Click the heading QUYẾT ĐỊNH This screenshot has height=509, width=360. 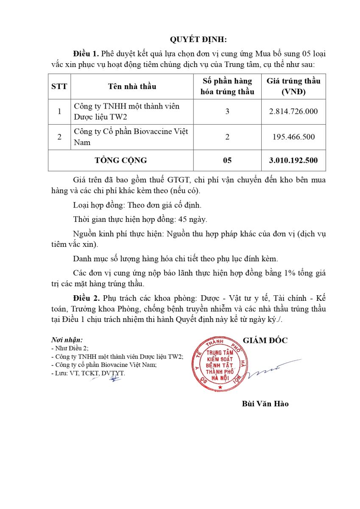click(x=198, y=39)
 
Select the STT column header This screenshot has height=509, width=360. click(x=59, y=87)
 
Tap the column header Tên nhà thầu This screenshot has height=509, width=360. click(x=132, y=87)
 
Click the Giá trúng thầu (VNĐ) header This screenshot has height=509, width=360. click(x=293, y=86)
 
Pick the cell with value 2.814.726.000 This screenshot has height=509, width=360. click(x=293, y=112)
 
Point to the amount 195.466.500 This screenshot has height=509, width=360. click(x=293, y=137)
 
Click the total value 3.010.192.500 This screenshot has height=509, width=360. click(x=293, y=160)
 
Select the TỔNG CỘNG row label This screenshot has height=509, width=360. click(x=121, y=160)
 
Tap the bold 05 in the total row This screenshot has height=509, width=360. click(x=227, y=160)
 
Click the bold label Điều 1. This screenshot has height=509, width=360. click(x=86, y=54)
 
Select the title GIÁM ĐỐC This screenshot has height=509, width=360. click(x=265, y=341)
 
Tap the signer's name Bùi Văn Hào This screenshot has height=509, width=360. click(x=265, y=404)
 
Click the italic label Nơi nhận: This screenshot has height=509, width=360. click(x=67, y=340)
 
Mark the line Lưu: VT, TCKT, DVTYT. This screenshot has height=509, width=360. click(x=88, y=374)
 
